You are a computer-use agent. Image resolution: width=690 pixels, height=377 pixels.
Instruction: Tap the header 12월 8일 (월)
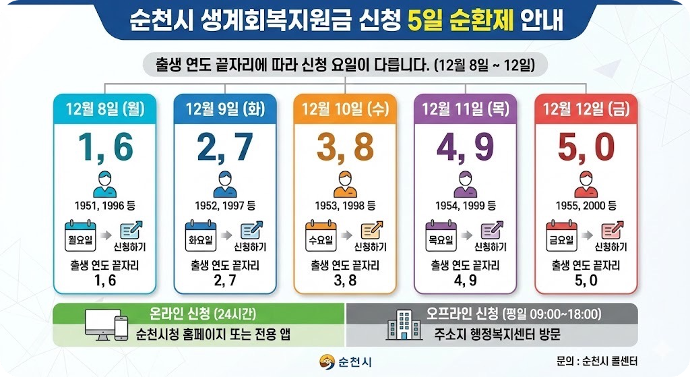[104, 108]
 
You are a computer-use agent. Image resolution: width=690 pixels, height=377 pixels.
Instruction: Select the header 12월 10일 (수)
[345, 108]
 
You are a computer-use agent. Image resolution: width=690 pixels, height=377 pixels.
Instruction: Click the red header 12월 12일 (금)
[585, 108]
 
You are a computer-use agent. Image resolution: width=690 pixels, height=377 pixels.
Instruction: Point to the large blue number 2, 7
[224, 147]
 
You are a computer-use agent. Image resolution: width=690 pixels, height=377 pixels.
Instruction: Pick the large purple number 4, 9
[465, 147]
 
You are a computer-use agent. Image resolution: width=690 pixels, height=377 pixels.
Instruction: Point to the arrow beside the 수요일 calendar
[345, 236]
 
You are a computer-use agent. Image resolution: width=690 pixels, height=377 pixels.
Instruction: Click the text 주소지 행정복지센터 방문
[498, 334]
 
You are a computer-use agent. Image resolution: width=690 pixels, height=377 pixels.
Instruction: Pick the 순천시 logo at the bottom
[345, 361]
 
